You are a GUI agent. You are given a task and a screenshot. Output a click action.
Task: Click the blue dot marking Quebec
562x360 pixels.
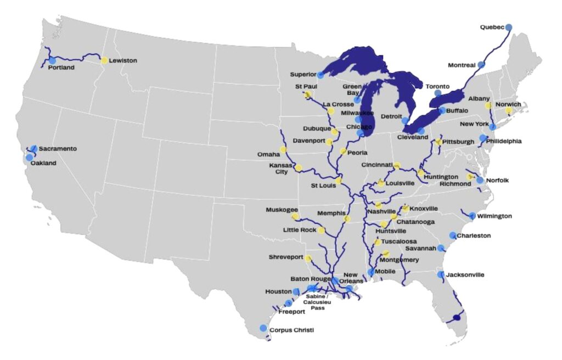(x=509, y=27)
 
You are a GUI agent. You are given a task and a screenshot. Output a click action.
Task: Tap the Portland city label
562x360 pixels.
(x=61, y=67)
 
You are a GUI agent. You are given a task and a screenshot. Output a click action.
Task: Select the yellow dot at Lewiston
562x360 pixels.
(x=104, y=60)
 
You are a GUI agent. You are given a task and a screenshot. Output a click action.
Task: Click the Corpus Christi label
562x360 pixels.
(x=293, y=330)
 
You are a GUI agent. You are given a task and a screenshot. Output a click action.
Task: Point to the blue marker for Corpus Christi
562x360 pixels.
(x=263, y=328)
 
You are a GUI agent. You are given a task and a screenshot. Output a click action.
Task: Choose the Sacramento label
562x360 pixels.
(x=58, y=149)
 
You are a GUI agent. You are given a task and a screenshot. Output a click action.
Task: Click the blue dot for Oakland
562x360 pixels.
(x=29, y=157)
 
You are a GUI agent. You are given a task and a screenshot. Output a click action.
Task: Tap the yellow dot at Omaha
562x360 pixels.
(x=283, y=149)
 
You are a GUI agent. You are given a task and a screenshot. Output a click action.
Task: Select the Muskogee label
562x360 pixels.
(x=282, y=210)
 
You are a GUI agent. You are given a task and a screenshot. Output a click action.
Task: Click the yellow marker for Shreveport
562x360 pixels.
(x=308, y=258)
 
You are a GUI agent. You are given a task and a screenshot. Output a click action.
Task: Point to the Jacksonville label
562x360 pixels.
(x=465, y=274)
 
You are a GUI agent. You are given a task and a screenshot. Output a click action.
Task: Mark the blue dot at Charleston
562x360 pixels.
(x=453, y=235)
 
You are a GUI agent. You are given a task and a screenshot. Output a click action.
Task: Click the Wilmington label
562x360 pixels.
(x=494, y=216)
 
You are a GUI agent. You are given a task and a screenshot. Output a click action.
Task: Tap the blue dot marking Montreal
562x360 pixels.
(x=481, y=65)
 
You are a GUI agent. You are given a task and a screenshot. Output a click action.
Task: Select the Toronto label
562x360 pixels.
(x=437, y=86)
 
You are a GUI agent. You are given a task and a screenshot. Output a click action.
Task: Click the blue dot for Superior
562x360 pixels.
(x=321, y=75)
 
